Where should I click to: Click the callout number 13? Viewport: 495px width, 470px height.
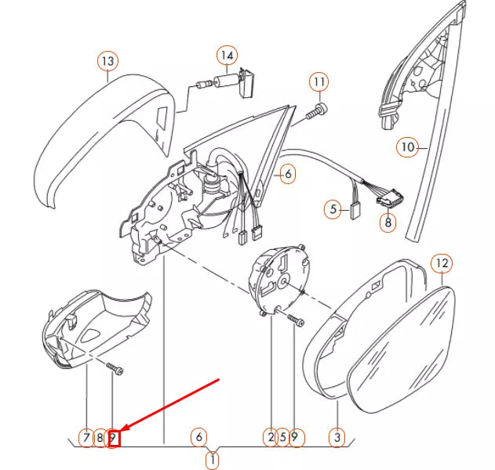pyautogui.click(x=107, y=60)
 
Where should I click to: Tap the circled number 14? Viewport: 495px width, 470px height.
pyautogui.click(x=227, y=55)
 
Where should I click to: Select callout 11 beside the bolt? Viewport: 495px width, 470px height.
pyautogui.click(x=318, y=81)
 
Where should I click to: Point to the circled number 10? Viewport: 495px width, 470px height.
pyautogui.click(x=407, y=146)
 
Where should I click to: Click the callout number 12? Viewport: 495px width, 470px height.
pyautogui.click(x=442, y=263)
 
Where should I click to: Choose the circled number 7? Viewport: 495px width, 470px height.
pyautogui.click(x=85, y=437)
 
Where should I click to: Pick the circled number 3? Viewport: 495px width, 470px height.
pyautogui.click(x=338, y=437)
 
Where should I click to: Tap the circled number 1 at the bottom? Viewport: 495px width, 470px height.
pyautogui.click(x=212, y=459)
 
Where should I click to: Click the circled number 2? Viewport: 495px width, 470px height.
pyautogui.click(x=270, y=437)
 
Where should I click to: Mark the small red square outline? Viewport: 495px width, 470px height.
pyautogui.click(x=114, y=438)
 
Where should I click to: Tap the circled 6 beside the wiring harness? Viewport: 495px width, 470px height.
pyautogui.click(x=287, y=174)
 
